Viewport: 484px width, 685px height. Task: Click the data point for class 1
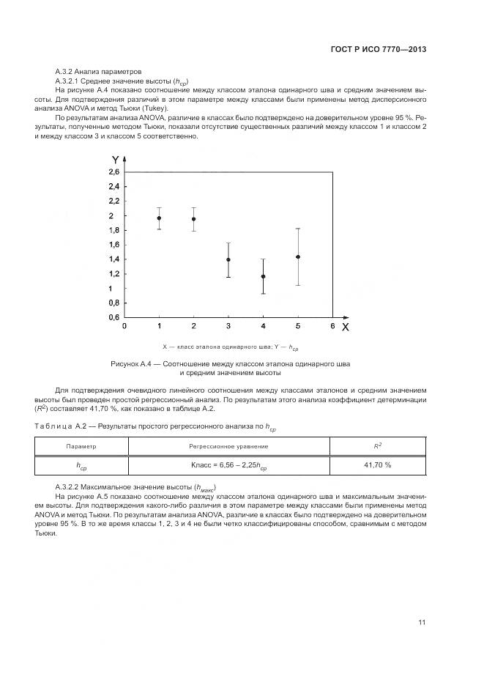point(159,218)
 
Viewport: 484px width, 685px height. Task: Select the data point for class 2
point(193,218)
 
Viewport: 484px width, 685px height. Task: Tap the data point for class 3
point(228,259)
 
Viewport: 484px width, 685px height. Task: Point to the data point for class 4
point(263,276)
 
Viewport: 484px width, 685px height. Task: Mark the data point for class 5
point(298,256)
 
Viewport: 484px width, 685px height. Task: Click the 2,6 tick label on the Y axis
point(114,172)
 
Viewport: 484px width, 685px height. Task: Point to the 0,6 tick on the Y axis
point(114,316)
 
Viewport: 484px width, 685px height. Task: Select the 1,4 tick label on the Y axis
point(114,259)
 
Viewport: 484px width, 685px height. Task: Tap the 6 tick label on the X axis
point(332,325)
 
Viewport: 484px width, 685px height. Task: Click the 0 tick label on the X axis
point(124,325)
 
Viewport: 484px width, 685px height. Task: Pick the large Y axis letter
point(116,159)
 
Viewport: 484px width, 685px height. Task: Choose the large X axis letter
point(345,327)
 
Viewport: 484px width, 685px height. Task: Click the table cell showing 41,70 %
point(378,464)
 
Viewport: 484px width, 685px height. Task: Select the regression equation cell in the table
point(228,464)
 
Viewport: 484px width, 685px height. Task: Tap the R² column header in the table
point(378,445)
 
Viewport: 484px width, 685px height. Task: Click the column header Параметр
point(81,445)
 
